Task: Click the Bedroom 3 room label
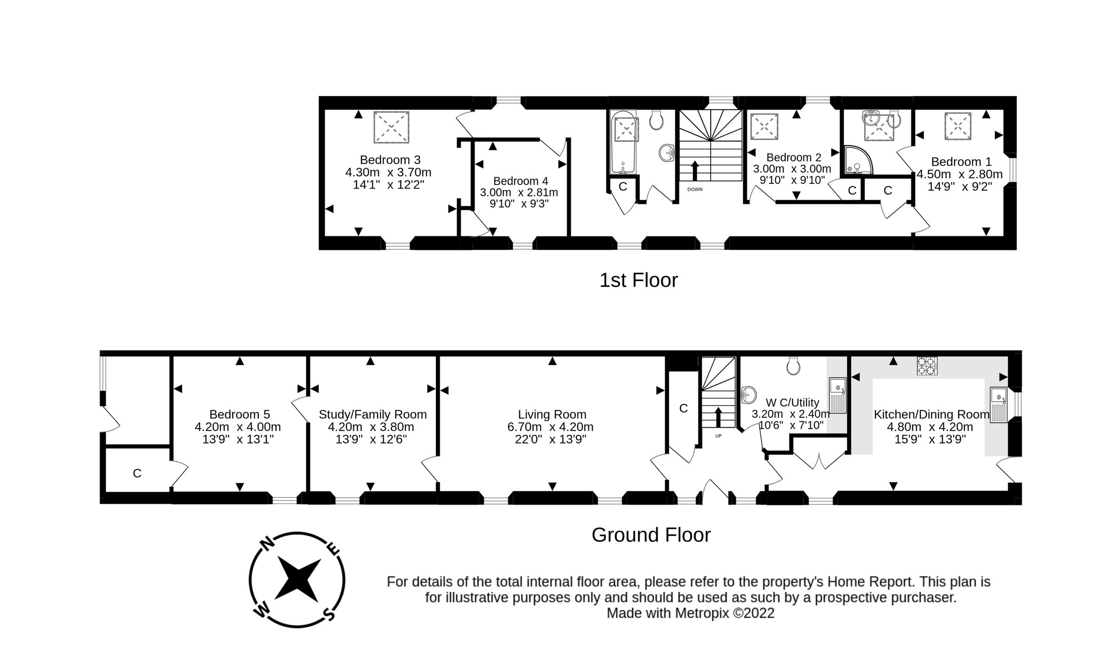point(390,160)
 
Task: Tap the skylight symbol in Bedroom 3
point(391,127)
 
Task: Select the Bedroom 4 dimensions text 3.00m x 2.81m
point(519,192)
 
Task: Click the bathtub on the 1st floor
point(623,142)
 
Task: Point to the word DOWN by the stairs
point(695,189)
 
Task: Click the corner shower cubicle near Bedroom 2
point(857,161)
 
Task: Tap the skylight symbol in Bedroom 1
point(958,126)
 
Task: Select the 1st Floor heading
point(638,280)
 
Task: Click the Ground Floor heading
point(651,535)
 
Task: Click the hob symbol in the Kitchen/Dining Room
point(927,365)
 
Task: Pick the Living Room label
point(552,414)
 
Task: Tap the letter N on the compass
point(267,543)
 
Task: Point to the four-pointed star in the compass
point(297,580)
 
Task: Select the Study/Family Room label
point(372,414)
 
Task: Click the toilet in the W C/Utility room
point(793,366)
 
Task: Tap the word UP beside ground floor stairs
point(718,436)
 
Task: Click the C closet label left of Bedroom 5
point(137,473)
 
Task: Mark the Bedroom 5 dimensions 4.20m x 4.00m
point(237,427)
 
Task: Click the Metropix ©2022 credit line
point(690,613)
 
